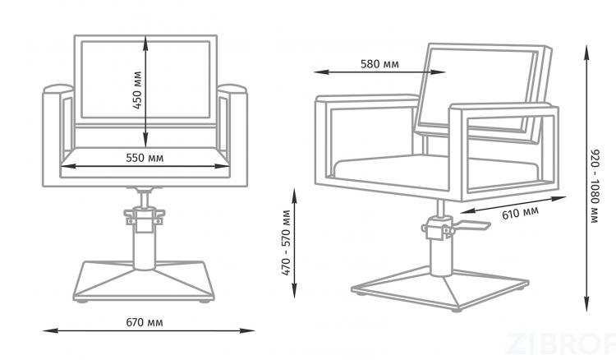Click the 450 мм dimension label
tap(136, 90)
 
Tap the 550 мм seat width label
tap(145, 158)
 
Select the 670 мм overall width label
tap(145, 323)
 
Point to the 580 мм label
tap(379, 64)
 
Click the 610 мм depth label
tap(520, 213)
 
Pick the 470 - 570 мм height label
tap(287, 242)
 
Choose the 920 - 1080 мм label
tap(595, 187)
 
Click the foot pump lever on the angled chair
tap(471, 225)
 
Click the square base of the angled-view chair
tap(440, 288)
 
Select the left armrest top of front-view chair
tap(58, 89)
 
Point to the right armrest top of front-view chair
tap(232, 89)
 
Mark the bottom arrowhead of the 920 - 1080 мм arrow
tap(586, 304)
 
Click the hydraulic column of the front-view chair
tap(145, 243)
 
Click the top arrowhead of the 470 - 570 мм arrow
tap(295, 196)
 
